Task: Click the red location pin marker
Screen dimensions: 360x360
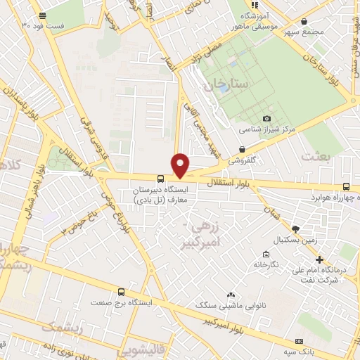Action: pyautogui.click(x=181, y=165)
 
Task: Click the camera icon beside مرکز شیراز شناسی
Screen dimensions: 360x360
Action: pyautogui.click(x=266, y=118)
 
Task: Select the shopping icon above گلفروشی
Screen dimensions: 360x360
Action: pyautogui.click(x=242, y=149)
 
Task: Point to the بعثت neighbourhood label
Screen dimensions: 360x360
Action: pyautogui.click(x=314, y=156)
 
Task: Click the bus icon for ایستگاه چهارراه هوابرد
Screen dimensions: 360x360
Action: pyautogui.click(x=346, y=186)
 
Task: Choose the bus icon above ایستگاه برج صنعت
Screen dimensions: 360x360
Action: pyautogui.click(x=121, y=291)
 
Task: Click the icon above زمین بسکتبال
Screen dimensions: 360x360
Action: pyautogui.click(x=295, y=229)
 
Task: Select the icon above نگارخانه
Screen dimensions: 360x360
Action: pyautogui.click(x=266, y=254)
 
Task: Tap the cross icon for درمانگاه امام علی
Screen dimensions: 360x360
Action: pyautogui.click(x=320, y=260)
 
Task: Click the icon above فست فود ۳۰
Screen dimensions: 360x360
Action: pyautogui.click(x=43, y=15)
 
